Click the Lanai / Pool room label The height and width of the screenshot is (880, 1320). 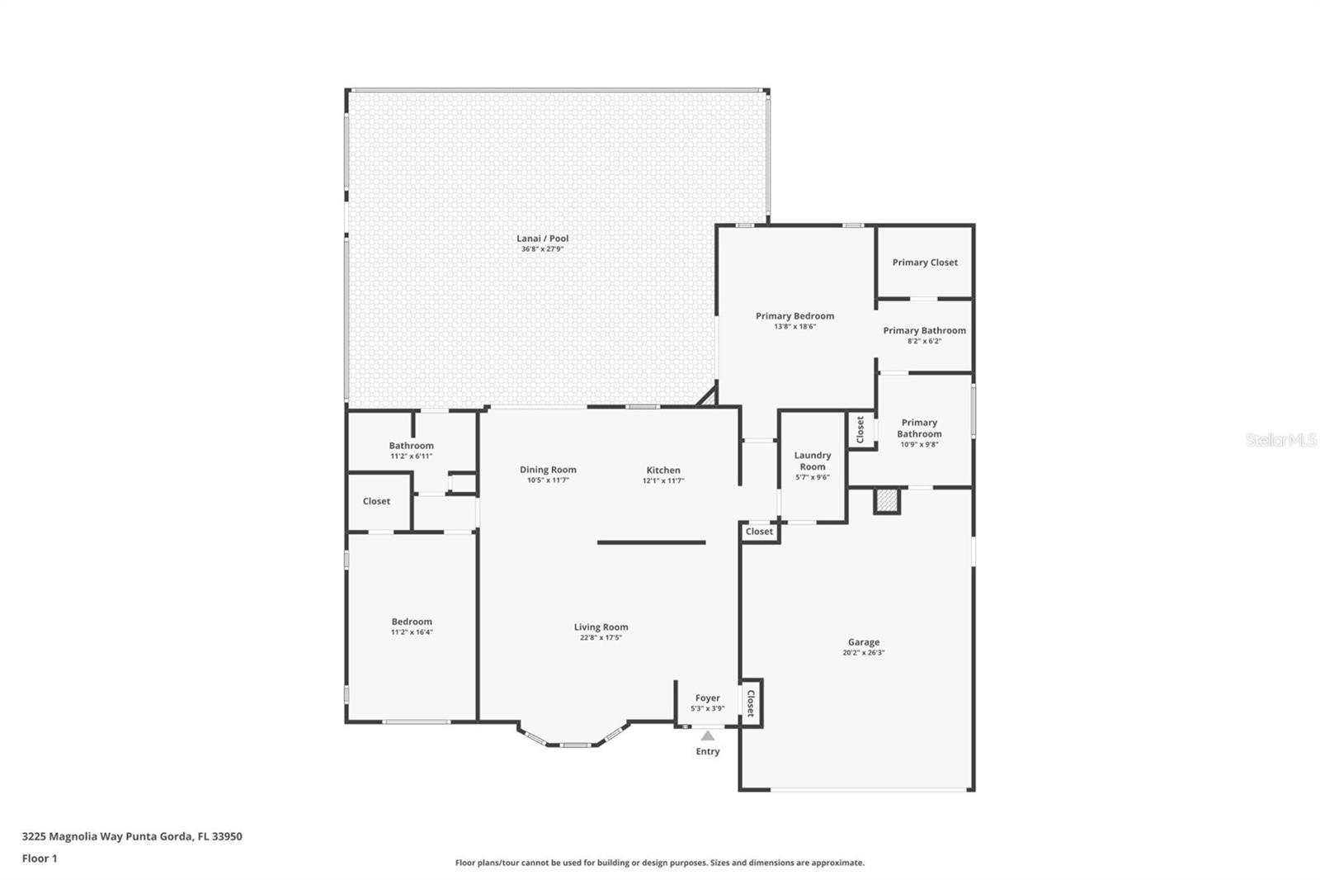[x=542, y=239]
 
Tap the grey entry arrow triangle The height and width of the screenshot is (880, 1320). [x=708, y=736]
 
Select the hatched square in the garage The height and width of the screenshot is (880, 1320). [x=887, y=501]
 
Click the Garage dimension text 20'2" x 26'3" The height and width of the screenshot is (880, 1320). [x=863, y=652]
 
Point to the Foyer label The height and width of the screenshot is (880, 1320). [x=707, y=698]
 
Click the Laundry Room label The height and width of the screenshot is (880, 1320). [x=813, y=461]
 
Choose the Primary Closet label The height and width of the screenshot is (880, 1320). [x=925, y=263]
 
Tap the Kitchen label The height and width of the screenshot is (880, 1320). [x=663, y=470]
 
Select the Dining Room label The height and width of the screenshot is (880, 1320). [x=548, y=470]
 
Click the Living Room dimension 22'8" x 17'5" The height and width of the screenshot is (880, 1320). [x=601, y=637]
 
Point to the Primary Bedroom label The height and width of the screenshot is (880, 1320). [x=795, y=316]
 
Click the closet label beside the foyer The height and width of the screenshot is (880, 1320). [x=751, y=703]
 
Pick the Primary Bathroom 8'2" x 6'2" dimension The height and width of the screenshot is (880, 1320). [x=925, y=341]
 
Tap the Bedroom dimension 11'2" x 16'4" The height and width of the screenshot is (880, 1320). [x=412, y=632]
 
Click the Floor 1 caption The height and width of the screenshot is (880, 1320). [x=40, y=859]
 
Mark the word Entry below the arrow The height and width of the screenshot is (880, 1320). [x=708, y=751]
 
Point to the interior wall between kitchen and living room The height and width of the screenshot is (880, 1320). [x=651, y=542]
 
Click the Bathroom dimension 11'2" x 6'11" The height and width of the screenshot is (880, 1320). [x=412, y=456]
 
